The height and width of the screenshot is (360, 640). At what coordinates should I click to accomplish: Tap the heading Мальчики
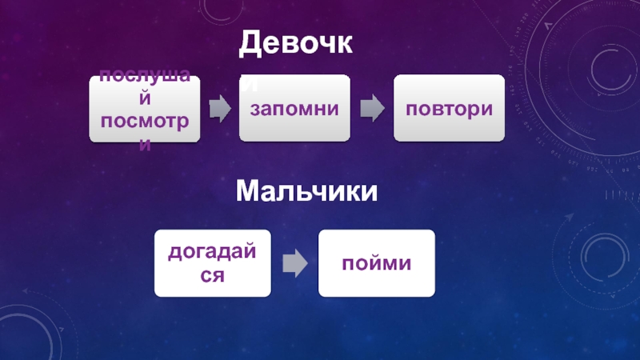(306, 192)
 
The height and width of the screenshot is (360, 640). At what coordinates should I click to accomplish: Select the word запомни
(294, 108)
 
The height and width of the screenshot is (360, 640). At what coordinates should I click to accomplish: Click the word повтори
(448, 108)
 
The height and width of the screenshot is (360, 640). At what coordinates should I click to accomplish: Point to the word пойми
(377, 262)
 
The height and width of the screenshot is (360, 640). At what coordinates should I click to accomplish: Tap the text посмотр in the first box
(145, 119)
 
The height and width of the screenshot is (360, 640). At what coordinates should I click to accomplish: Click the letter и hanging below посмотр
(145, 144)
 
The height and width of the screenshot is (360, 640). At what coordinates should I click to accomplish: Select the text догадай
(213, 252)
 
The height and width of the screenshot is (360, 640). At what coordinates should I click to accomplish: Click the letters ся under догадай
(213, 274)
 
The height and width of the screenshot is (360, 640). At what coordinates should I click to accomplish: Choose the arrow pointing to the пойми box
(295, 262)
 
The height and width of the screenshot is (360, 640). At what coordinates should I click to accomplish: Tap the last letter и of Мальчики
(369, 192)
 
